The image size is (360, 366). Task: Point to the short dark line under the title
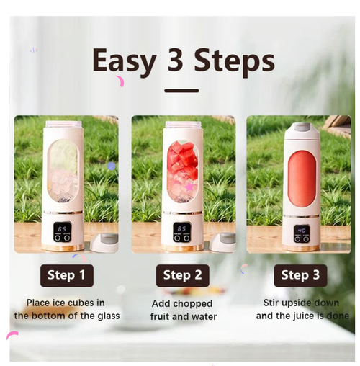(x=181, y=91)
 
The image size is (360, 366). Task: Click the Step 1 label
(x=66, y=274)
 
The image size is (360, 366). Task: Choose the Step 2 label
(x=183, y=274)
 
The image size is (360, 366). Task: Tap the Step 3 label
(x=300, y=274)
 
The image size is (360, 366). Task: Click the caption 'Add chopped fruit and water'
(x=183, y=310)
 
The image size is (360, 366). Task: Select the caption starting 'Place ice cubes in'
(x=66, y=309)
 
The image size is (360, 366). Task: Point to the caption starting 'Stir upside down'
(x=302, y=309)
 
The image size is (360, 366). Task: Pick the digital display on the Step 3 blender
(x=302, y=231)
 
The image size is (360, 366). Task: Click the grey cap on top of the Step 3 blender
(x=300, y=130)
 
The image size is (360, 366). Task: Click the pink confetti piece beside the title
(x=120, y=81)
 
